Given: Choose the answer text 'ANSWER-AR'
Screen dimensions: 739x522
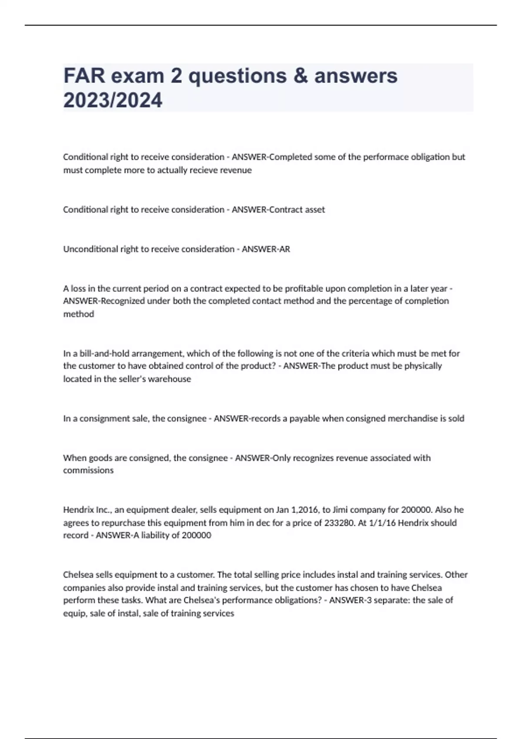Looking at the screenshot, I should pos(266,249).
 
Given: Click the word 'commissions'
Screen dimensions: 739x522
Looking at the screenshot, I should pos(88,470).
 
